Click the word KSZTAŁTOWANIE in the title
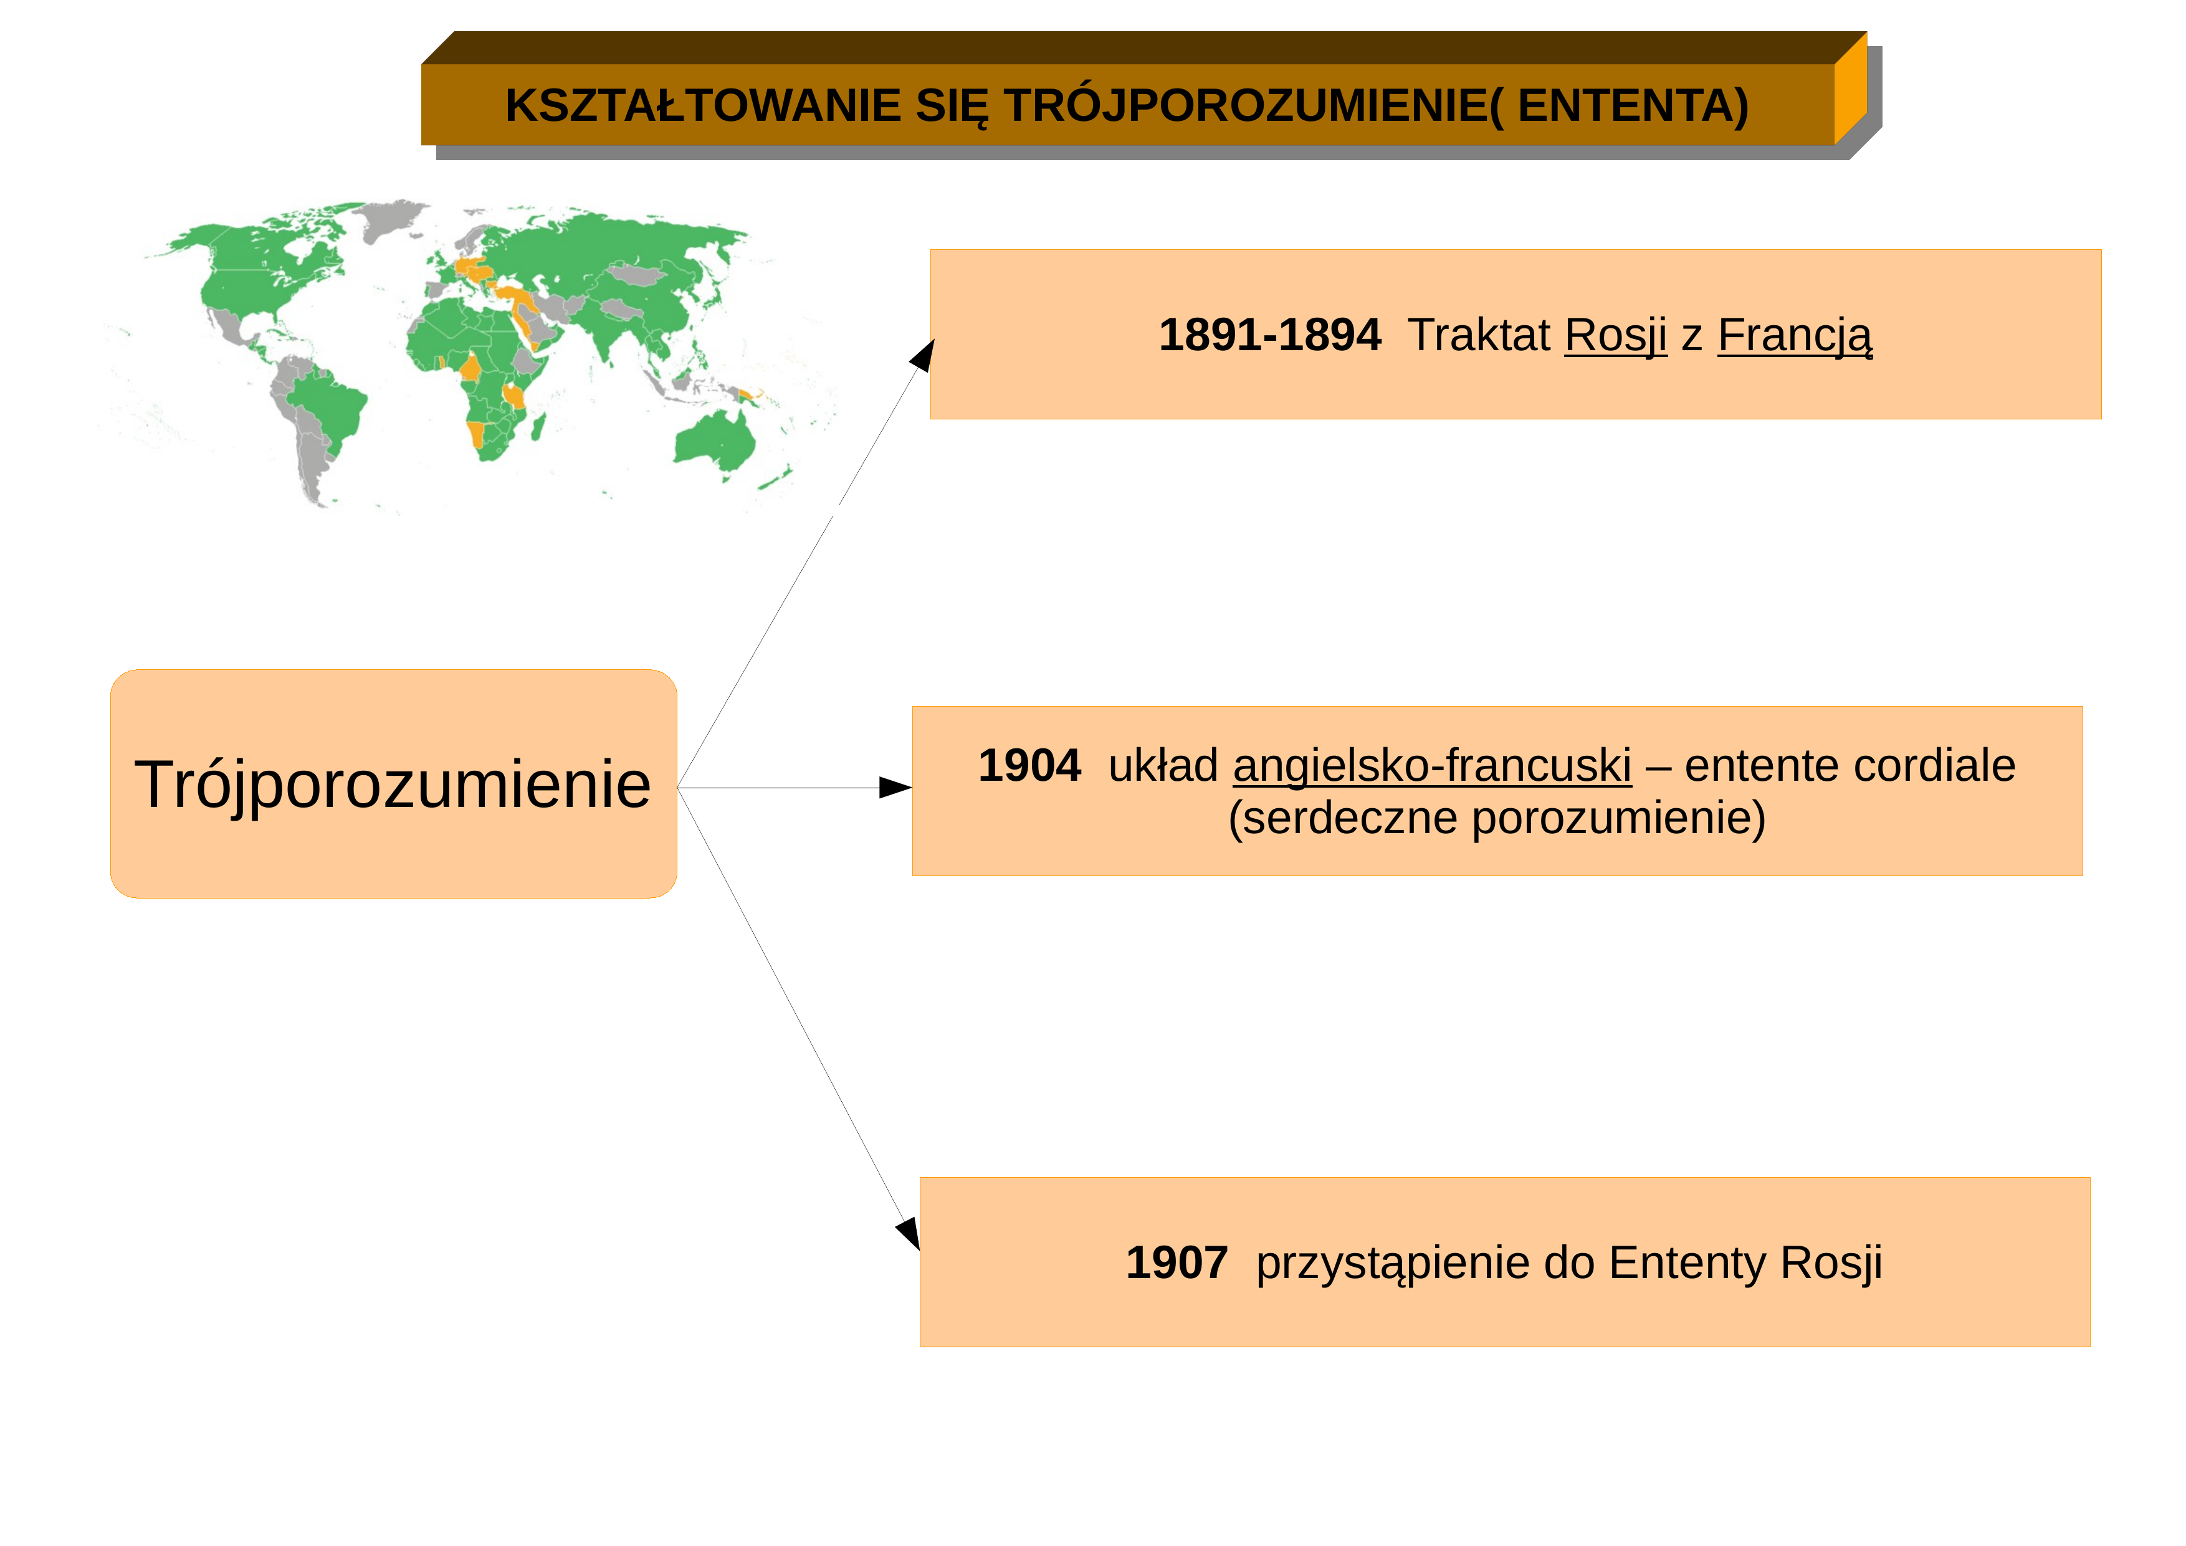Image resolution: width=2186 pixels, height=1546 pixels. tap(703, 106)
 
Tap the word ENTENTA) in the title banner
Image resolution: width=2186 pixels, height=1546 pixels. tap(1633, 106)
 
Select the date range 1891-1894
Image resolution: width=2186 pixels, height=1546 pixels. tap(1269, 335)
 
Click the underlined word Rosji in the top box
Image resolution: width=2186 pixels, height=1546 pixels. tap(1616, 335)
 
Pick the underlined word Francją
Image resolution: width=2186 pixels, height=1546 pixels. tap(1795, 336)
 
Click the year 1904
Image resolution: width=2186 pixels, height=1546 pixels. tap(1029, 765)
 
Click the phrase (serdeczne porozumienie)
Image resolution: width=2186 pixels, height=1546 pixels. tap(1497, 818)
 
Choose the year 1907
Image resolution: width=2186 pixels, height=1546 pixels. tap(1177, 1262)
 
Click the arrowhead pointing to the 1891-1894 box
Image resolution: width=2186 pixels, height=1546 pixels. tap(924, 355)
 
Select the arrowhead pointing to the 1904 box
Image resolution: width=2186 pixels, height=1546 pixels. tap(895, 787)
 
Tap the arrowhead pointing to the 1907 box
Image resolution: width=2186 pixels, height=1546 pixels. tap(909, 1234)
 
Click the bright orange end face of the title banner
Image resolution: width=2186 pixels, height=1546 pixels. tap(1850, 88)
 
